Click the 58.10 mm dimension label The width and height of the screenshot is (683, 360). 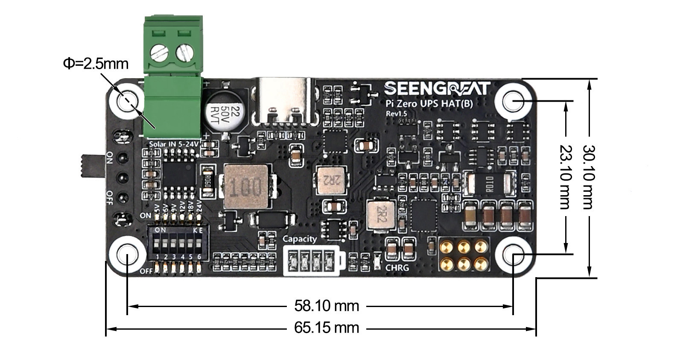click(x=327, y=306)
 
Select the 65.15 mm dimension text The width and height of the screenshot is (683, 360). click(x=327, y=328)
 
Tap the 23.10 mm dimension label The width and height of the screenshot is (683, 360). click(x=565, y=177)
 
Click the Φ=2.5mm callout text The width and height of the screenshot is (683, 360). click(x=96, y=64)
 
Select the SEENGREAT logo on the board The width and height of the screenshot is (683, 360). click(x=437, y=89)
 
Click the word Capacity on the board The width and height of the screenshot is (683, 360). click(x=300, y=239)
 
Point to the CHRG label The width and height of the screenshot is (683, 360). click(x=397, y=268)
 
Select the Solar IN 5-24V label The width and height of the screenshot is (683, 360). click(x=173, y=144)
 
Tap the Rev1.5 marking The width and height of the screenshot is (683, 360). click(x=396, y=114)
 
